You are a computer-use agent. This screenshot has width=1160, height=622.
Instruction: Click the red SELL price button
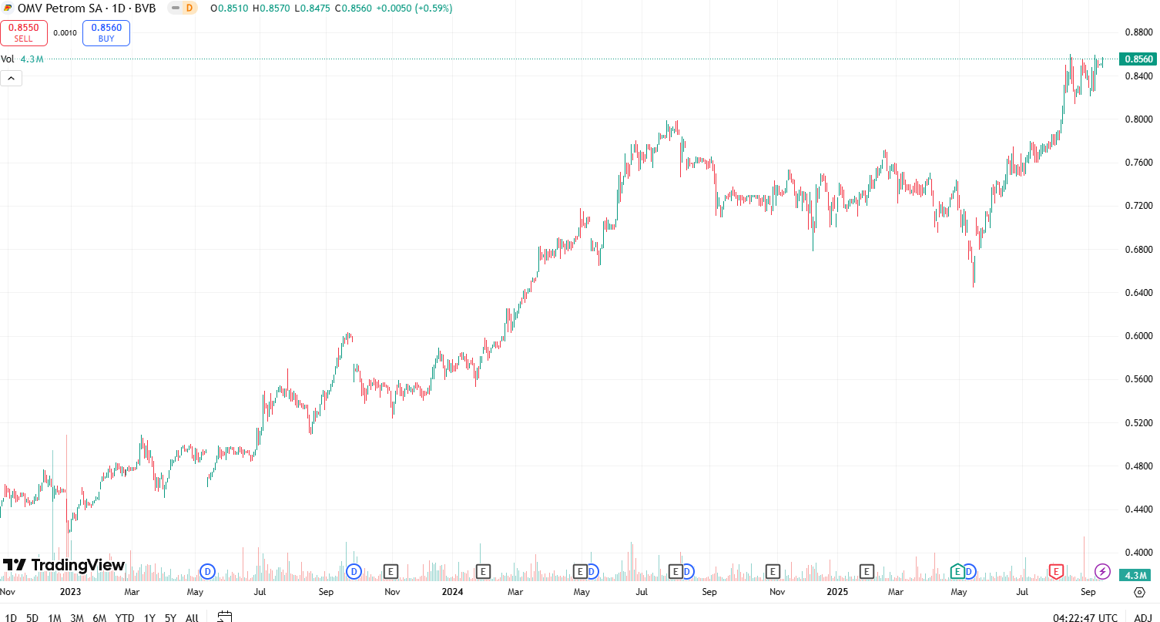pyautogui.click(x=24, y=33)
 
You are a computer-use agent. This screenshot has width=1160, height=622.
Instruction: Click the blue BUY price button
pyautogui.click(x=106, y=33)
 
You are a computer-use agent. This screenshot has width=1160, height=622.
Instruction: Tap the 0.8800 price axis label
pyautogui.click(x=1138, y=32)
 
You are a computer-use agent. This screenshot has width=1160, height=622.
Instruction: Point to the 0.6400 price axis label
pyautogui.click(x=1138, y=293)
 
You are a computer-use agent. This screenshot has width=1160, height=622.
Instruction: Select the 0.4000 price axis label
pyautogui.click(x=1138, y=553)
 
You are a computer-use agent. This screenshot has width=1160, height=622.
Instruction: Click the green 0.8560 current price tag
pyautogui.click(x=1138, y=59)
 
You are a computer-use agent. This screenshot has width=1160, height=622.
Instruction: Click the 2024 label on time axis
pyautogui.click(x=452, y=592)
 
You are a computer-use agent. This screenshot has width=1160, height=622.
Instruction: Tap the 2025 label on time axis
pyautogui.click(x=838, y=592)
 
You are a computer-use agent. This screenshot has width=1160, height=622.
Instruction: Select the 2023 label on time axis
pyautogui.click(x=70, y=592)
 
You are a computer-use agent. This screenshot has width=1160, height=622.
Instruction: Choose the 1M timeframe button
pyautogui.click(x=55, y=617)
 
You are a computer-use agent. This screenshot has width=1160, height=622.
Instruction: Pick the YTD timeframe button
pyautogui.click(x=125, y=617)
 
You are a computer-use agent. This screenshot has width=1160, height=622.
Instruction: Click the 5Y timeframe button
pyautogui.click(x=170, y=617)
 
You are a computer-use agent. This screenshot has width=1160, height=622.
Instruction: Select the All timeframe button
pyautogui.click(x=192, y=617)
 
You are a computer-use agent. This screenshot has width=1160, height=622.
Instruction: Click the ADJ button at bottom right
pyautogui.click(x=1142, y=617)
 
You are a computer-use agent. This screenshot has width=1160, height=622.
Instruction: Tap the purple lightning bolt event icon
pyautogui.click(x=1103, y=571)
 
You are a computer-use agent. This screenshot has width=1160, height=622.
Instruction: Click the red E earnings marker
pyautogui.click(x=1056, y=571)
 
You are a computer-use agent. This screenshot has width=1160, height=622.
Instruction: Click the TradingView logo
pyautogui.click(x=64, y=565)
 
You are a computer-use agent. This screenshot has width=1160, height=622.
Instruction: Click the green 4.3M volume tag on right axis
pyautogui.click(x=1138, y=575)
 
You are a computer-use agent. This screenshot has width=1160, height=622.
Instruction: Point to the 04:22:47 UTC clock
pyautogui.click(x=1085, y=617)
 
